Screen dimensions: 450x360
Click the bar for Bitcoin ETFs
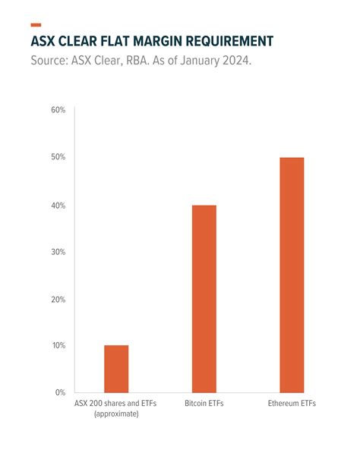click(204, 298)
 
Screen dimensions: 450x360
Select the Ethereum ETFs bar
click(291, 275)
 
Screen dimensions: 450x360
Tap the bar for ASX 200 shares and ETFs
click(116, 369)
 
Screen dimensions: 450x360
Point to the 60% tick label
click(58, 110)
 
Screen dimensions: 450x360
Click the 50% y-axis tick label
click(58, 157)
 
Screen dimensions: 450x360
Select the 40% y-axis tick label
click(58, 205)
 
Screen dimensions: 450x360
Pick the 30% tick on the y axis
click(58, 252)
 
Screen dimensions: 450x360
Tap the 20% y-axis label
click(58, 299)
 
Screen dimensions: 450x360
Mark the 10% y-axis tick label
click(58, 346)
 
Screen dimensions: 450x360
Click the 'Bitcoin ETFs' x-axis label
click(204, 404)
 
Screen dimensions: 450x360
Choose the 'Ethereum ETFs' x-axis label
click(292, 404)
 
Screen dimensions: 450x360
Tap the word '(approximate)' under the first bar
click(116, 416)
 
